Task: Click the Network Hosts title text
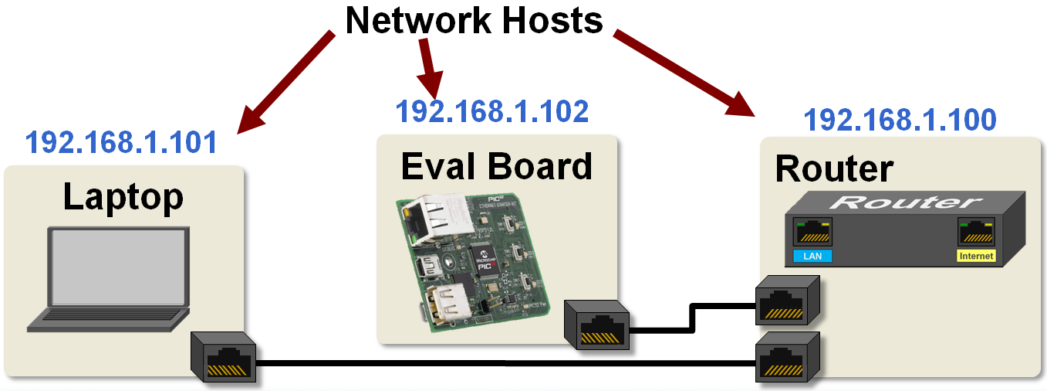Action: tap(474, 20)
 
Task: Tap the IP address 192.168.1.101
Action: tap(121, 143)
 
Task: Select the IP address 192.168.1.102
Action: tap(491, 112)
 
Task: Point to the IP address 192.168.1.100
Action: tap(900, 121)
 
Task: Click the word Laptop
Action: tap(123, 197)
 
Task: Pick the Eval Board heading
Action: tap(496, 166)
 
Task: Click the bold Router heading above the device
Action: tap(833, 168)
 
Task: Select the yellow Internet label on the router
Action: tap(975, 256)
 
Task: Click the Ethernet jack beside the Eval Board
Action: tap(598, 325)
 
